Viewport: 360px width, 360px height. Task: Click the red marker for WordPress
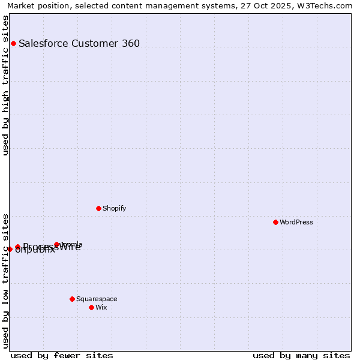(275, 222)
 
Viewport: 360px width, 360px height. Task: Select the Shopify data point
(98, 208)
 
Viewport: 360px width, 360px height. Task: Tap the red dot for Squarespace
(72, 299)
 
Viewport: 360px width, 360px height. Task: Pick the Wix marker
(91, 307)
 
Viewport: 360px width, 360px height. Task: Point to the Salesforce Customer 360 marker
(13, 43)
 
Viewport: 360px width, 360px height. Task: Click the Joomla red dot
(57, 244)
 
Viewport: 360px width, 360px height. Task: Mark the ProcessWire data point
(17, 247)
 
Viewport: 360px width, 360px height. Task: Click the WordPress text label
(296, 222)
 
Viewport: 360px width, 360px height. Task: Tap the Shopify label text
(114, 208)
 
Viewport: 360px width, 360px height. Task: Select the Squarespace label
(97, 299)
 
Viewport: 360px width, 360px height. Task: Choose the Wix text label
(101, 307)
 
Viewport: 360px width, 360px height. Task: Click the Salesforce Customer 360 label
(79, 43)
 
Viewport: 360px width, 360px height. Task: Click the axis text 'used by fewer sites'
(62, 355)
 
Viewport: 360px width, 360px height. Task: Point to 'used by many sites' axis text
(301, 355)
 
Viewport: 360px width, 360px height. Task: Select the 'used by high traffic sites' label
(5, 85)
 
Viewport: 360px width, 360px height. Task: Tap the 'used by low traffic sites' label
(5, 280)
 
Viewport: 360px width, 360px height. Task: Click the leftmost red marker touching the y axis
(10, 249)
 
